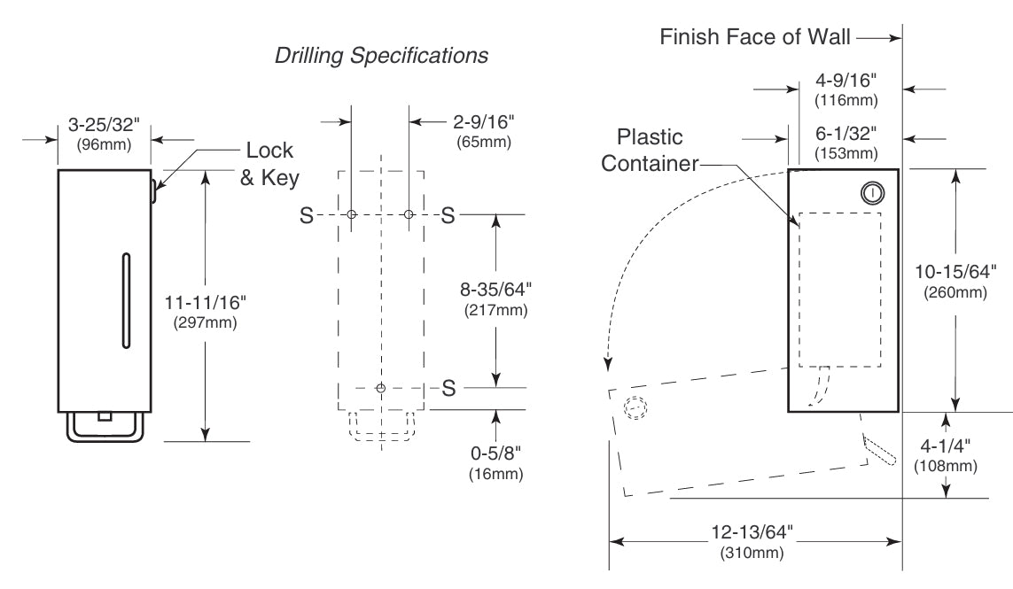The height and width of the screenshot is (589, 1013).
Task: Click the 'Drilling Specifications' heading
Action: click(x=381, y=56)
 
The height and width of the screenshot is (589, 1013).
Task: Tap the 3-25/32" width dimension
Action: click(x=104, y=124)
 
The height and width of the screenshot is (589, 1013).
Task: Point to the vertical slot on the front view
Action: click(x=127, y=299)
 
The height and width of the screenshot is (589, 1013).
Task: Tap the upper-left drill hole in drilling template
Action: click(x=352, y=215)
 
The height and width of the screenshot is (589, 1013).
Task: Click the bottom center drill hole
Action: click(x=381, y=388)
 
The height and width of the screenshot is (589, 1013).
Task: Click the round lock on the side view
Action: click(x=872, y=192)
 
